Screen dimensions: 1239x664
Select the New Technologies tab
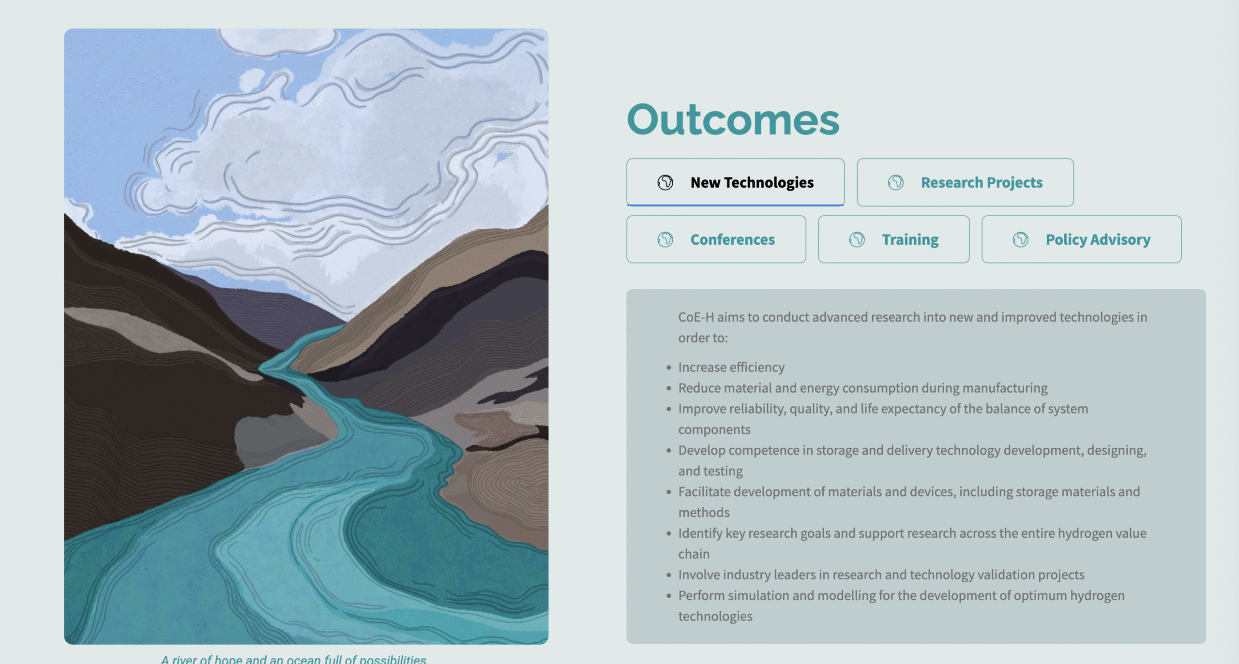(735, 182)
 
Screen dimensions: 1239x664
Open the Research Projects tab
(965, 182)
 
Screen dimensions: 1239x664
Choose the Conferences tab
(716, 239)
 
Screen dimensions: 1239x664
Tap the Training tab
(893, 239)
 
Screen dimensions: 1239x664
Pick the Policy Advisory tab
(1081, 239)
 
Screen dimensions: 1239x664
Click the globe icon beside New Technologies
(665, 182)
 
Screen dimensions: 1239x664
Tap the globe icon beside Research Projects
(896, 182)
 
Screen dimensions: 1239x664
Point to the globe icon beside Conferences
(665, 239)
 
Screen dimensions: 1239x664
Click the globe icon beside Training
(857, 239)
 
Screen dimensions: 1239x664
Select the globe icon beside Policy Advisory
(1021, 239)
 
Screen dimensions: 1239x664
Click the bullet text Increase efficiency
(731, 368)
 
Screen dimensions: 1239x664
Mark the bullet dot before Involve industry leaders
(669, 575)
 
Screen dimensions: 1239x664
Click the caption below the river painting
(294, 659)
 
